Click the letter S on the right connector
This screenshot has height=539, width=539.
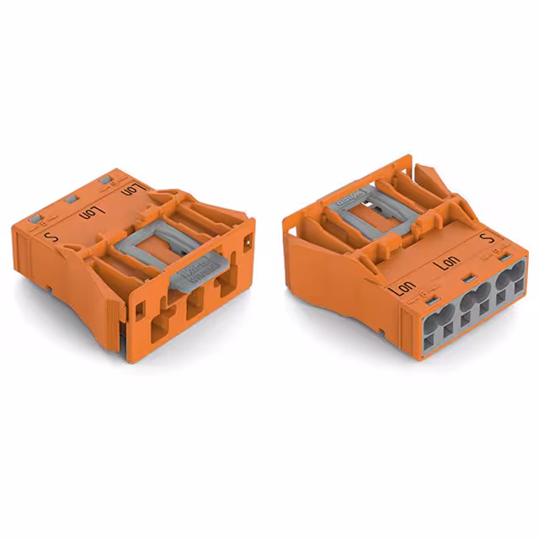tap(483, 240)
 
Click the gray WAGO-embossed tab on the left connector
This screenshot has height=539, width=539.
tap(195, 269)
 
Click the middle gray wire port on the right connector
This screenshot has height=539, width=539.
tap(473, 301)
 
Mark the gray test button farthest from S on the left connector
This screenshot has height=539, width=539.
tap(104, 179)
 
